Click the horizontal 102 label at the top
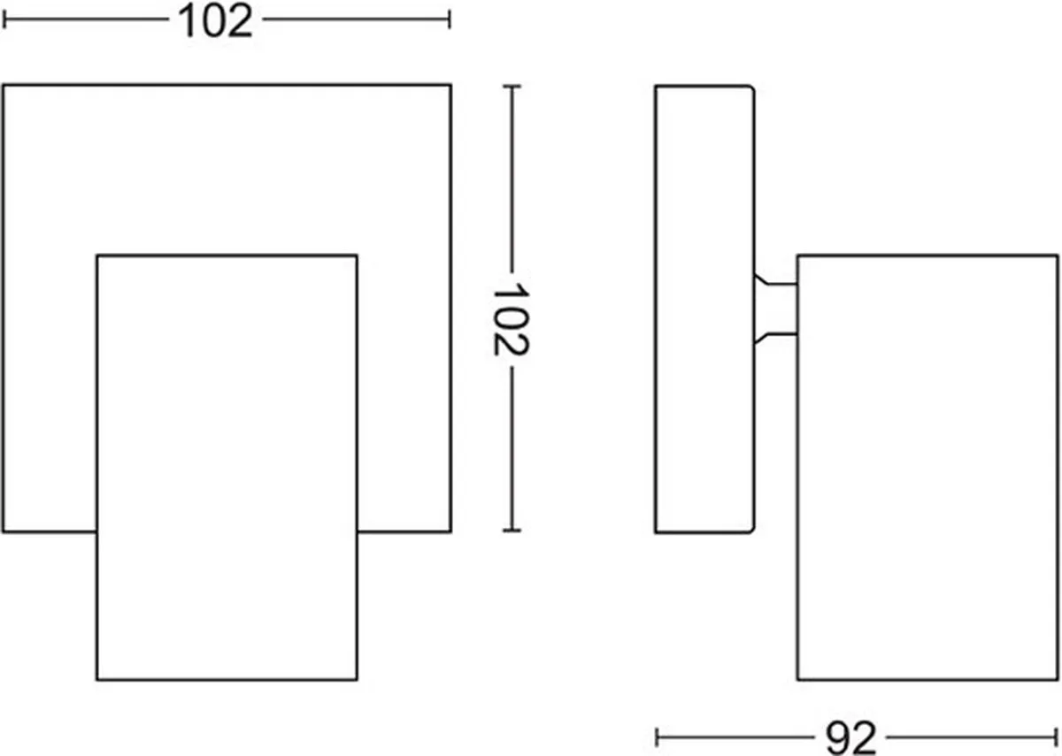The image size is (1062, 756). point(215,21)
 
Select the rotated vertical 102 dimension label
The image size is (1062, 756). point(512,319)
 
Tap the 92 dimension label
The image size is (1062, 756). point(850,738)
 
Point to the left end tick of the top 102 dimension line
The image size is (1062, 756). point(4,19)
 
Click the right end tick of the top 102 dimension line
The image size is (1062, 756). point(449,19)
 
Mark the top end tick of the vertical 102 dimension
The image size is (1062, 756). point(512,87)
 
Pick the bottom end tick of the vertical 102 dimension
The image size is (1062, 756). point(512,531)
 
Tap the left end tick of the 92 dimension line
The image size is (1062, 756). point(657,737)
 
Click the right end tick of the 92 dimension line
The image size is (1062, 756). point(1057,737)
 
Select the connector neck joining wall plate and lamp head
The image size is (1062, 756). point(775,309)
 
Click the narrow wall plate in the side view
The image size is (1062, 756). point(704,309)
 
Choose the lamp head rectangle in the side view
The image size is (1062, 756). point(927,468)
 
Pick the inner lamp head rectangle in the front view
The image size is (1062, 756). point(227,468)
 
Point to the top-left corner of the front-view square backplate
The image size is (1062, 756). point(3,86)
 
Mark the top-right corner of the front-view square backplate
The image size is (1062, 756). point(450,86)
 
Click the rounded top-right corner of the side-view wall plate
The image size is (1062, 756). point(752,88)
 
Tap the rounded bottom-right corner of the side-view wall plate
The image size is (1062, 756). point(752,531)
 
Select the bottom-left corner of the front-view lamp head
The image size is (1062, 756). point(97,680)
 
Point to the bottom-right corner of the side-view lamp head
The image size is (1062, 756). point(1058,680)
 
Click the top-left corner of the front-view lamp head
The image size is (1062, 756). point(97,256)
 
